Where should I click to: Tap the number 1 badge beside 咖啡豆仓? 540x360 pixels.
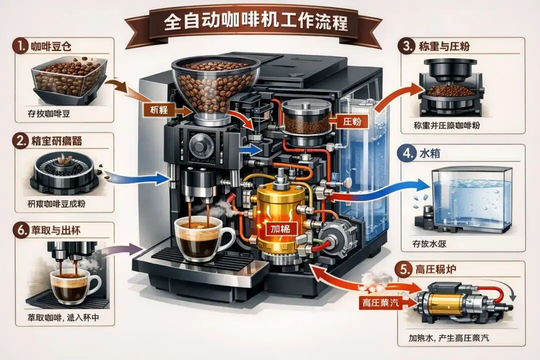20,47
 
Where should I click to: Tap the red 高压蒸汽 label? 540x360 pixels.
381,302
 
